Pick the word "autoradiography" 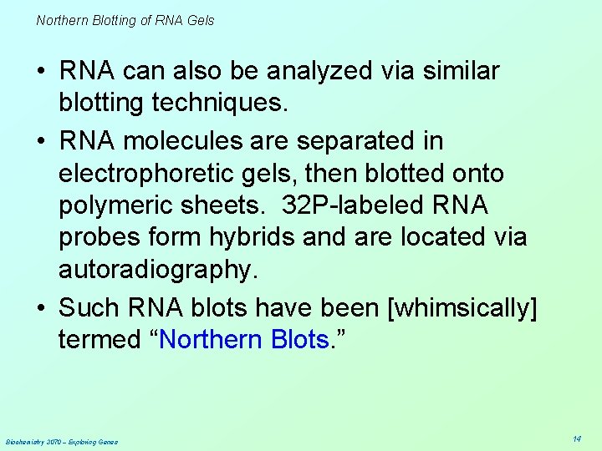tap(154, 269)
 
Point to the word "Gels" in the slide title tap(201, 20)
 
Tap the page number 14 tap(577, 438)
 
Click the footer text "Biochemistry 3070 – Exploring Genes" tap(62, 442)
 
